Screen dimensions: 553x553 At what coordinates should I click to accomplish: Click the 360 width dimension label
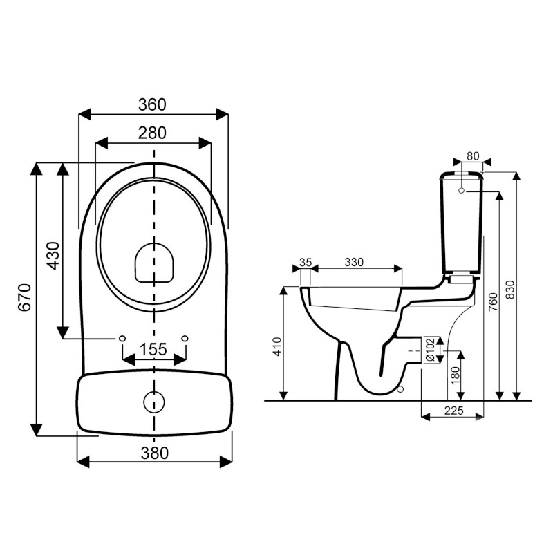click(153, 104)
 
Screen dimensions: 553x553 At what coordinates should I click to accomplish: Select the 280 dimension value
click(153, 133)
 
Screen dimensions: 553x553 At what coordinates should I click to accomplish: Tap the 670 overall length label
click(24, 298)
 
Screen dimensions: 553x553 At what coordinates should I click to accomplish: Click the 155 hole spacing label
click(153, 349)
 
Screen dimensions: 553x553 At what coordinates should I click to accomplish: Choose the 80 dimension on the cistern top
click(474, 155)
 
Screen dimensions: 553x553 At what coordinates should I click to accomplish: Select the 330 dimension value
click(353, 263)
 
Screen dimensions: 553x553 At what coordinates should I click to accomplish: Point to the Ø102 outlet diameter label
click(429, 349)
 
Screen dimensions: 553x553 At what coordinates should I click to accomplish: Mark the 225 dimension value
click(453, 411)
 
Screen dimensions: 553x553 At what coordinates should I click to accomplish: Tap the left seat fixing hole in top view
click(122, 338)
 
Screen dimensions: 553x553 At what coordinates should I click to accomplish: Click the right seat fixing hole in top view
click(185, 338)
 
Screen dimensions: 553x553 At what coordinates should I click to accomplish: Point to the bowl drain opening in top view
click(153, 263)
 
